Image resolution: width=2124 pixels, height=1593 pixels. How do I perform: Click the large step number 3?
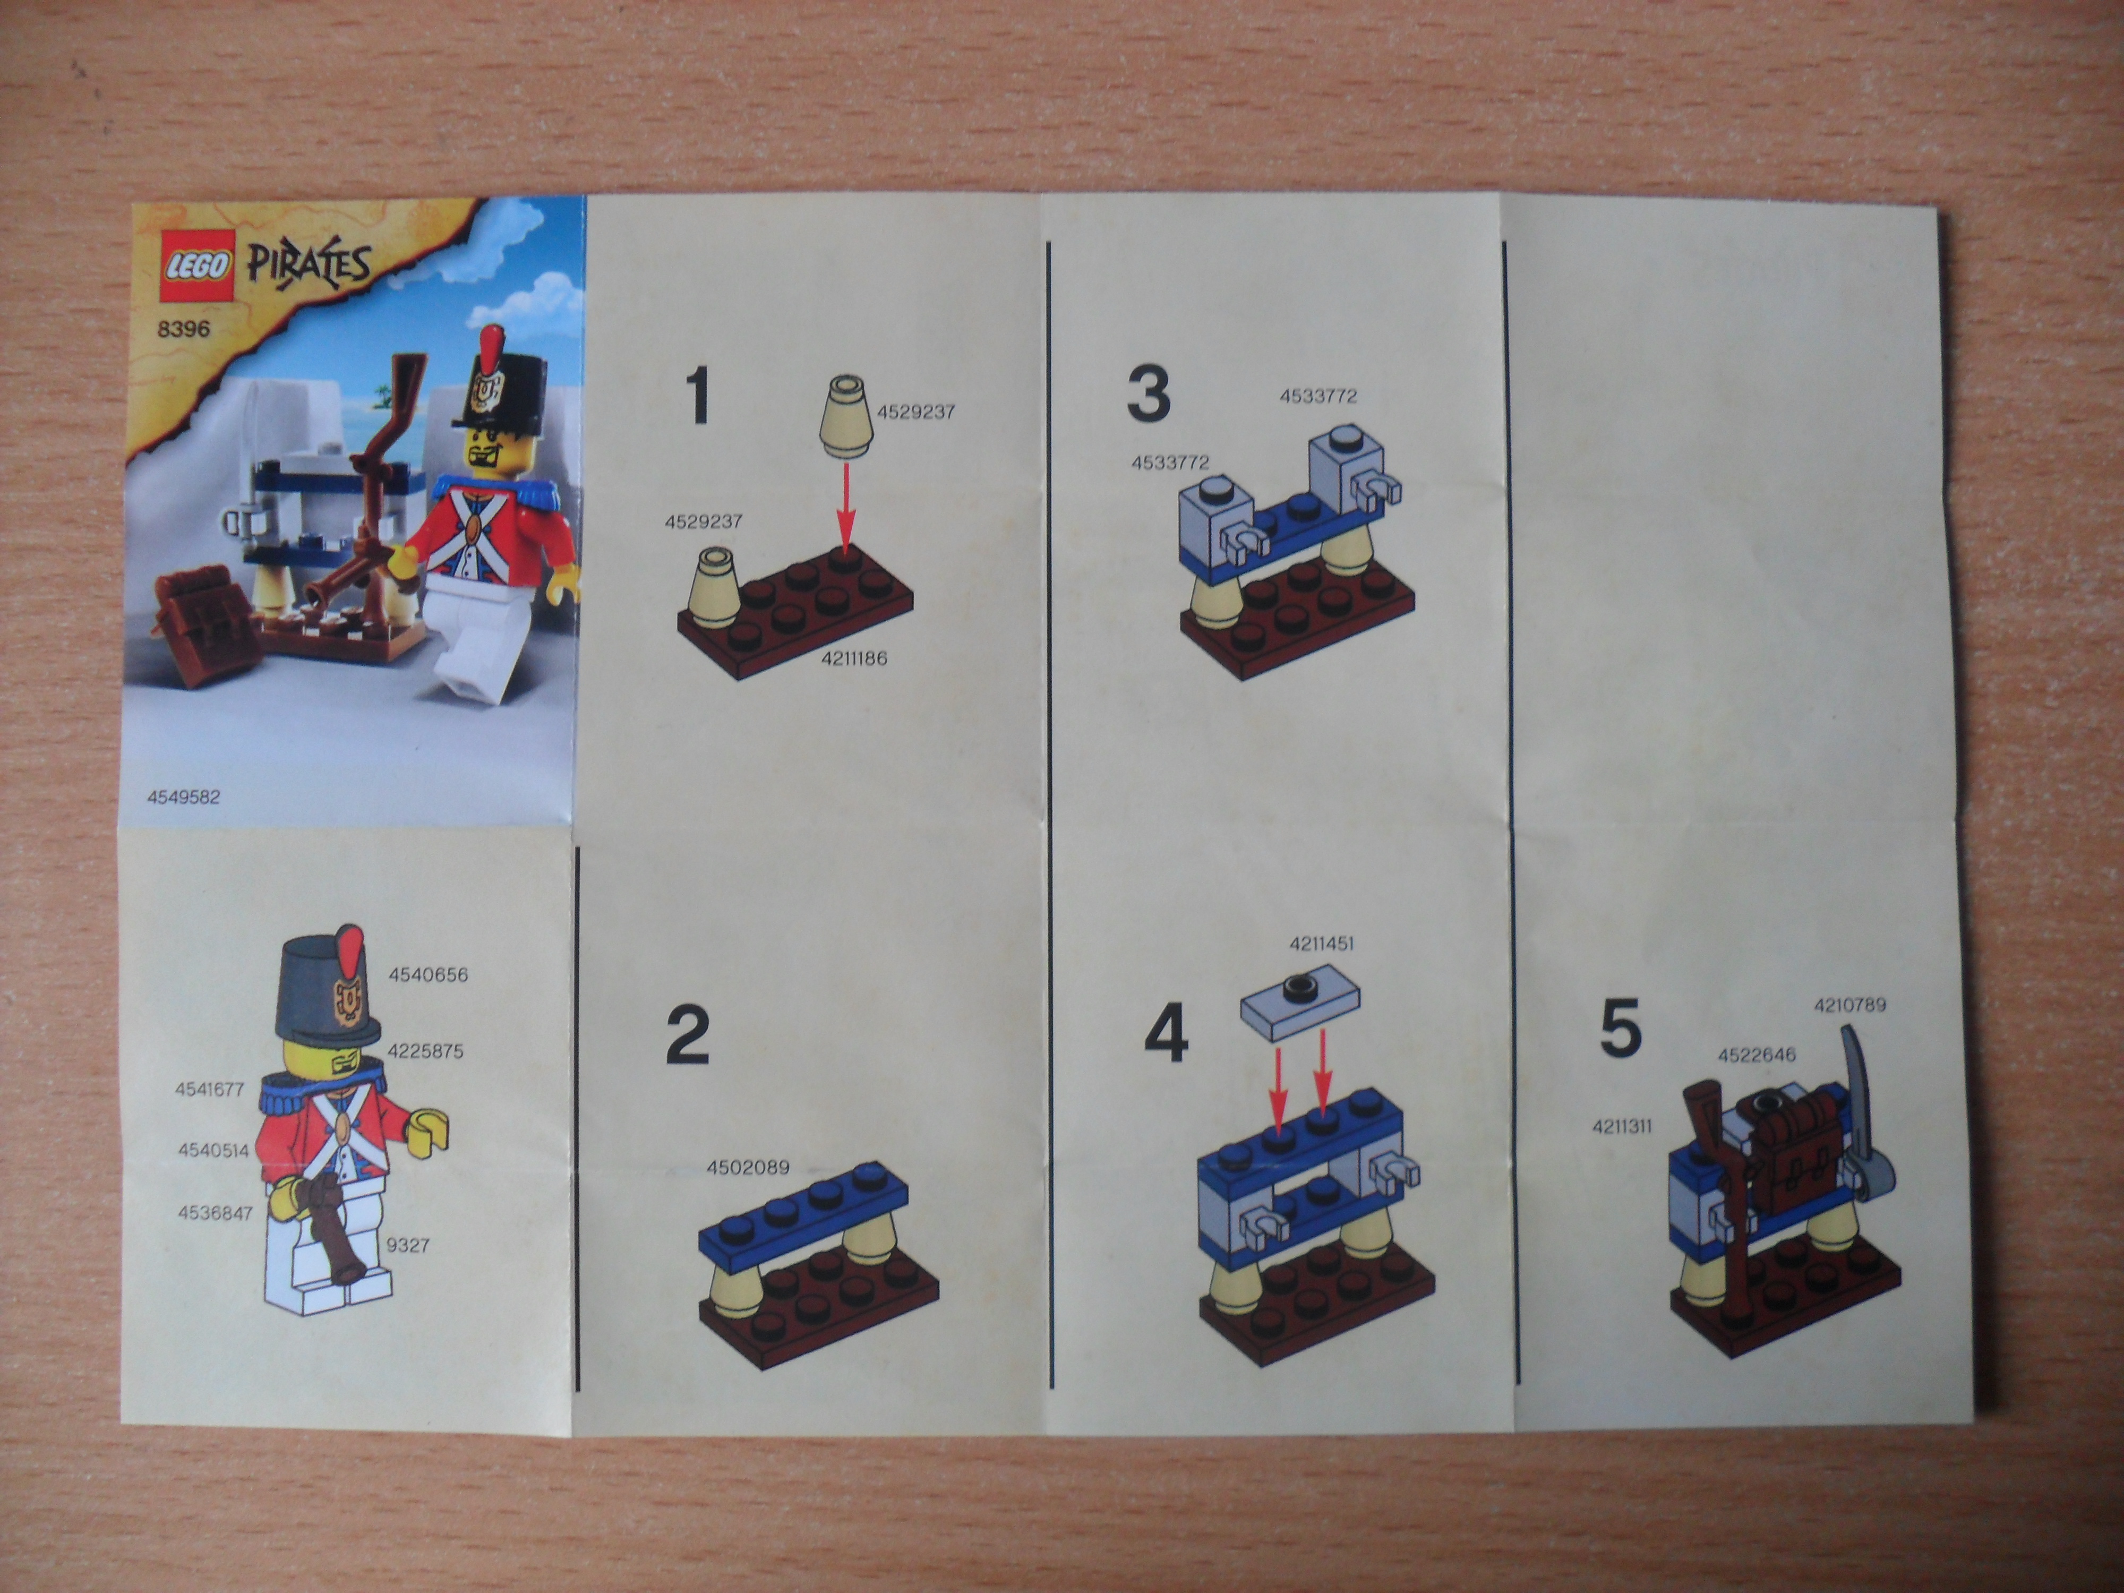tap(1149, 393)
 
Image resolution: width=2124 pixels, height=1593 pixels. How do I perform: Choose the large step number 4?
tap(1166, 1035)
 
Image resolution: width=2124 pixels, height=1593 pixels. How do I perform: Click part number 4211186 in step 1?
tap(854, 659)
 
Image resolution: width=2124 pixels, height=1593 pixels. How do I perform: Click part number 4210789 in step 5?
tap(1849, 1005)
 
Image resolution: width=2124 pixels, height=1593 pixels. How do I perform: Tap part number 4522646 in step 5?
tap(1756, 1055)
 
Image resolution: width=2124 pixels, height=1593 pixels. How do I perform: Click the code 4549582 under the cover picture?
tap(183, 797)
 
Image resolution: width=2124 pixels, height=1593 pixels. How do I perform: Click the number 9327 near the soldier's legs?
tap(407, 1245)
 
